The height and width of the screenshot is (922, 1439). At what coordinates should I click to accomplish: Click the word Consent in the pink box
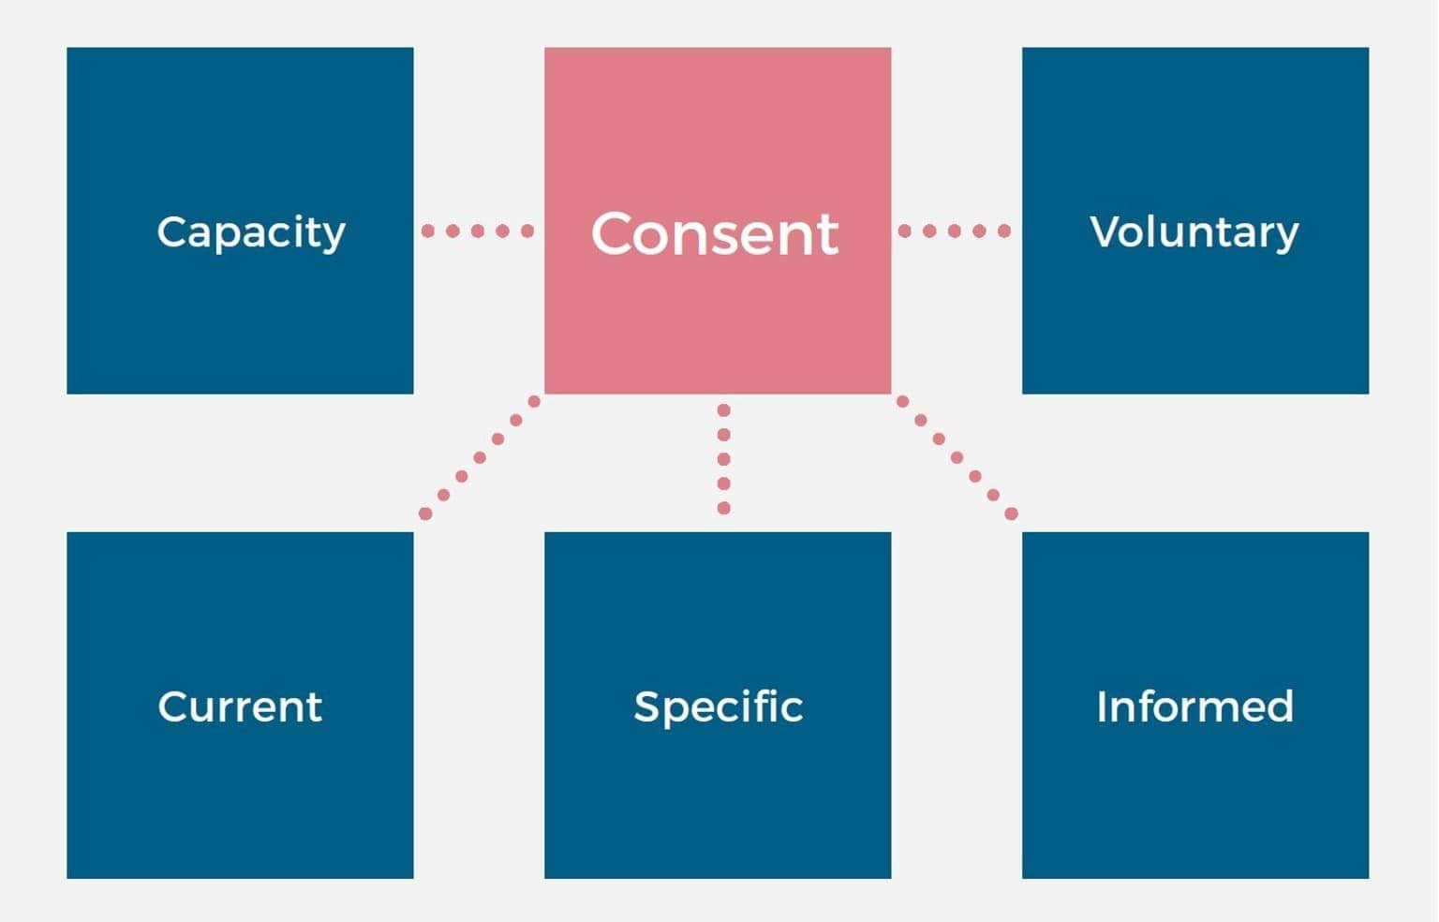pos(715,233)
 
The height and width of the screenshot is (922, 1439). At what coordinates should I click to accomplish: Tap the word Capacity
pos(251,232)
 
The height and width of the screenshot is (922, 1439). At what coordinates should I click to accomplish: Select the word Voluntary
pos(1194,232)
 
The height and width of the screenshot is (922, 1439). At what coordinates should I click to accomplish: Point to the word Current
pos(240,706)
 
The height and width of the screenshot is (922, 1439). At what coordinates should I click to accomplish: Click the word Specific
pos(719,707)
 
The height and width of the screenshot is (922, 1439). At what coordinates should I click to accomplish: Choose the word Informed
pos(1194,706)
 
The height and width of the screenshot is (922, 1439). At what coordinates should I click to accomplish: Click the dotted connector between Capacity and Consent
pos(478,230)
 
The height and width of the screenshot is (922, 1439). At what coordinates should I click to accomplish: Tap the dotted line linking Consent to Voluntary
pos(955,230)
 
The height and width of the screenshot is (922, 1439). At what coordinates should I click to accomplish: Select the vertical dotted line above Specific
pos(723,459)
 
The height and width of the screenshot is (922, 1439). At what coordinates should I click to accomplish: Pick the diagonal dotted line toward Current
pos(480,457)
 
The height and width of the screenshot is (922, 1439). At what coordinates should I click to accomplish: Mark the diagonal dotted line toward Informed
pos(957,457)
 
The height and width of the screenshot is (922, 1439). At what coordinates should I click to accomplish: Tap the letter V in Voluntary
pos(1106,230)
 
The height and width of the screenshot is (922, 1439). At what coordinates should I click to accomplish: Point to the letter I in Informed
pos(1102,706)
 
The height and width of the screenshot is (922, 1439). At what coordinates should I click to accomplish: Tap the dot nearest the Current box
pos(425,513)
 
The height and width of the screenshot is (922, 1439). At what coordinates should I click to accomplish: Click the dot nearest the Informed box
pos(1011,513)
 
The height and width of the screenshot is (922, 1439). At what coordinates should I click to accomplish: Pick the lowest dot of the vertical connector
pos(723,508)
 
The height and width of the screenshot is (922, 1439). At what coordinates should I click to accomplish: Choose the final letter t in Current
pos(315,707)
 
